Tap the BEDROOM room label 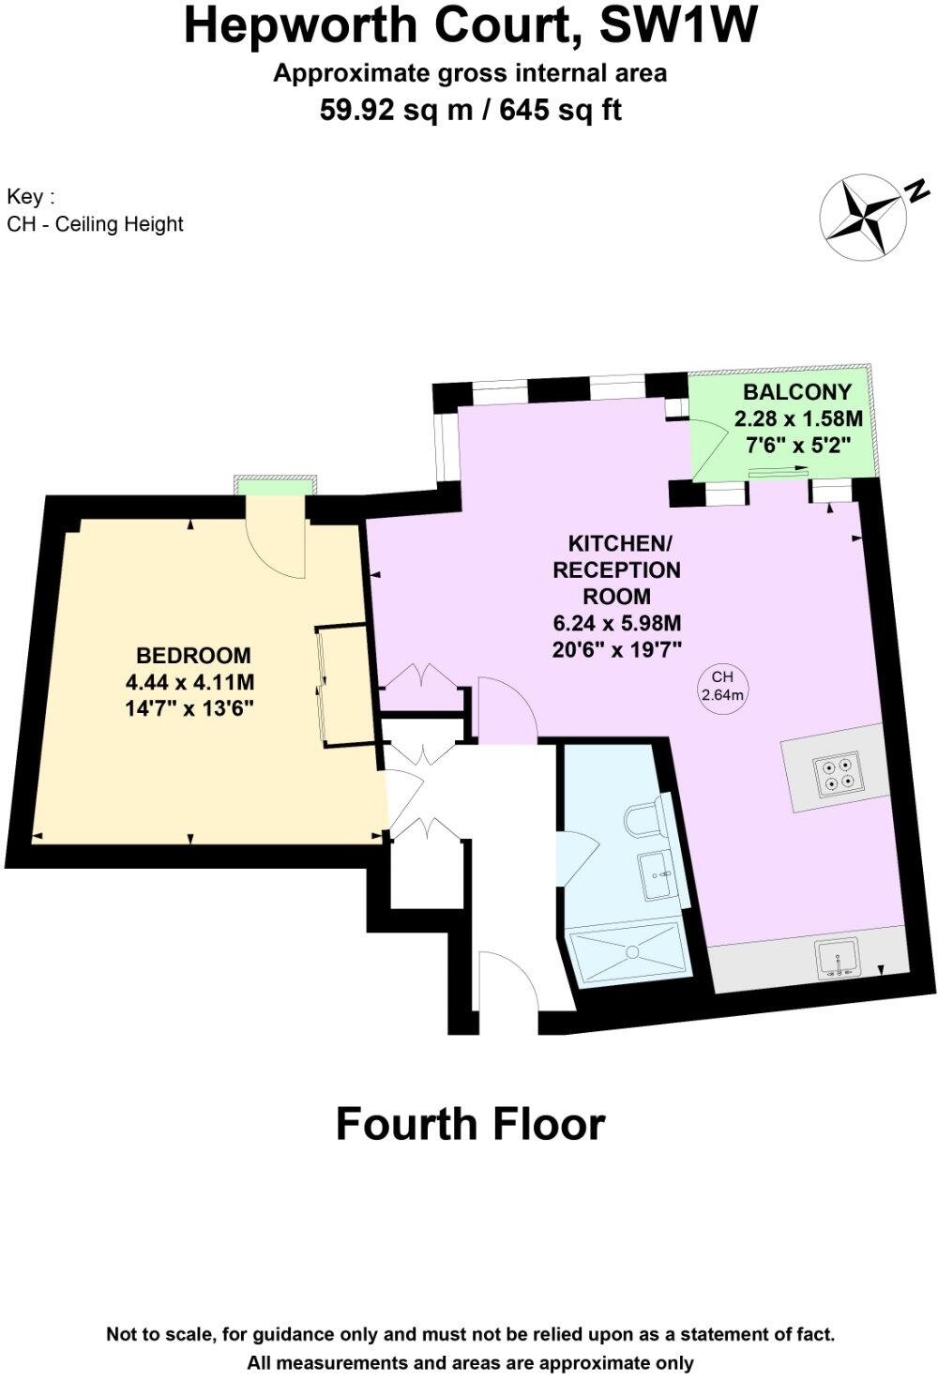[x=193, y=656]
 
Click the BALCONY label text [x=797, y=392]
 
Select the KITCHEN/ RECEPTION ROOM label [x=617, y=569]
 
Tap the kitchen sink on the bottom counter [x=838, y=959]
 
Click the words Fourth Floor [x=470, y=1123]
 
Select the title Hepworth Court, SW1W [x=470, y=26]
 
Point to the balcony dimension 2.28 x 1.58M [x=797, y=418]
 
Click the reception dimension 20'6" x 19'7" [x=616, y=648]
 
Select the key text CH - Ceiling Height [x=95, y=224]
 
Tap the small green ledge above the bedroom [x=277, y=484]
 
